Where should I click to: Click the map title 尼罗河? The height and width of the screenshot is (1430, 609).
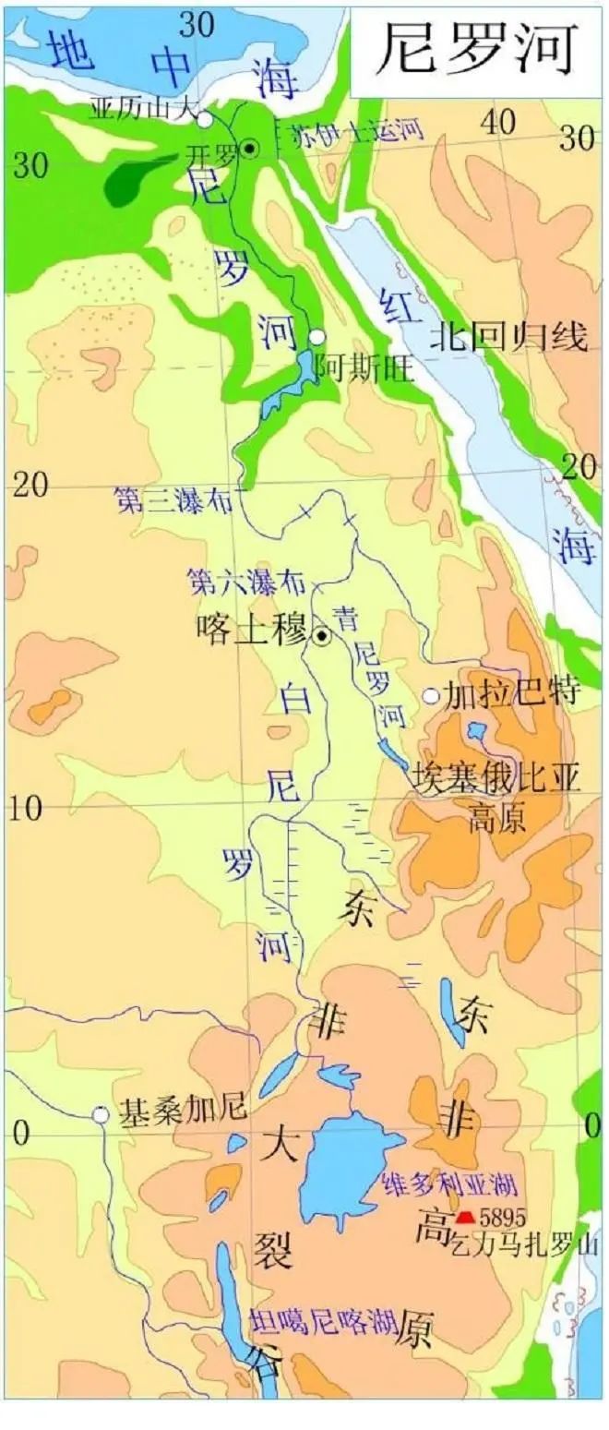[x=477, y=48]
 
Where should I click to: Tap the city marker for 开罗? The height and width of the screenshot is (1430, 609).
[x=249, y=148]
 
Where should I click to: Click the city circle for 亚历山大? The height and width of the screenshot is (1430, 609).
[x=205, y=119]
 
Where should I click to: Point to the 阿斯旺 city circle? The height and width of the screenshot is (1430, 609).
[x=317, y=338]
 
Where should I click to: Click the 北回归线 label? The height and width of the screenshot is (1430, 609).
[x=508, y=337]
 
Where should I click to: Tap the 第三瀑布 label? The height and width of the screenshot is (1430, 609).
[x=173, y=499]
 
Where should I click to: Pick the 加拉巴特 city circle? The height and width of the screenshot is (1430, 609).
[x=431, y=696]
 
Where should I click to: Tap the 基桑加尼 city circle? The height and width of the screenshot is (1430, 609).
[x=101, y=1115]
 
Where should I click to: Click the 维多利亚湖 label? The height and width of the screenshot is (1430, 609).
[x=448, y=1184]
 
